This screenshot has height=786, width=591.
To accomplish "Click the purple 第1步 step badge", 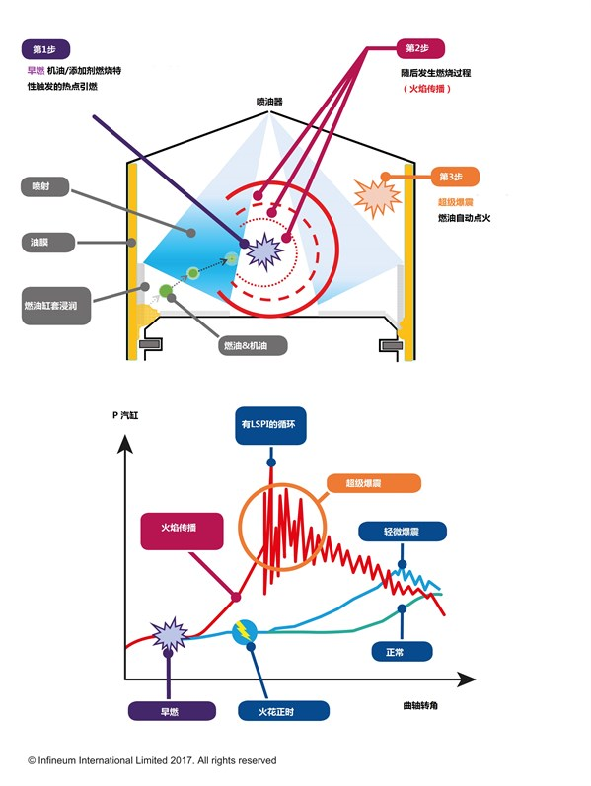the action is click(x=45, y=49).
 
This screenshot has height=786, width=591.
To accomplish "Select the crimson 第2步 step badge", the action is click(x=420, y=48).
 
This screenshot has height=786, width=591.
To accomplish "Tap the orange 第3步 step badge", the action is click(x=455, y=177).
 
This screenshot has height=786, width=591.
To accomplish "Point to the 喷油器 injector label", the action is click(x=269, y=102).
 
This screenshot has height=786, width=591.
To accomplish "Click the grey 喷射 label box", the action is click(x=44, y=186).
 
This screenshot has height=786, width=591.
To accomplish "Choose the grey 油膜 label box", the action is click(x=48, y=243).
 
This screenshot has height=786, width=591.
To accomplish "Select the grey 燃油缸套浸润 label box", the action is click(x=56, y=306).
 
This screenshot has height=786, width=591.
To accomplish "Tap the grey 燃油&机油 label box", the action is click(x=253, y=345).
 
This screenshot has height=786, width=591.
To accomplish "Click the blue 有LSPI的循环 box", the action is click(x=270, y=425).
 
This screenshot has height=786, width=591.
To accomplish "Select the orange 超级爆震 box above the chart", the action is click(x=373, y=483).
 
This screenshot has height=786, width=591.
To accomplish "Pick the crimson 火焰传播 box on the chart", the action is click(x=182, y=532).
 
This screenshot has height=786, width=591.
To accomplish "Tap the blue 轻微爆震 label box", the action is click(x=403, y=532).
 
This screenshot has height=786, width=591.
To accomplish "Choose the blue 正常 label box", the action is click(x=402, y=652).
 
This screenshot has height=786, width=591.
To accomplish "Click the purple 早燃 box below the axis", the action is click(x=172, y=711).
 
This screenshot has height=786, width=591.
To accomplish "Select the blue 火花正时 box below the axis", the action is click(x=283, y=711).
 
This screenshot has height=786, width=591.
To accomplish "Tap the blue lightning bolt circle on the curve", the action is click(x=245, y=632).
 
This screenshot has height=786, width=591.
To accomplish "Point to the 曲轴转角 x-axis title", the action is click(x=420, y=705).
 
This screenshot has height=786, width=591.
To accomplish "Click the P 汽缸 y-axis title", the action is click(x=125, y=415).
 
